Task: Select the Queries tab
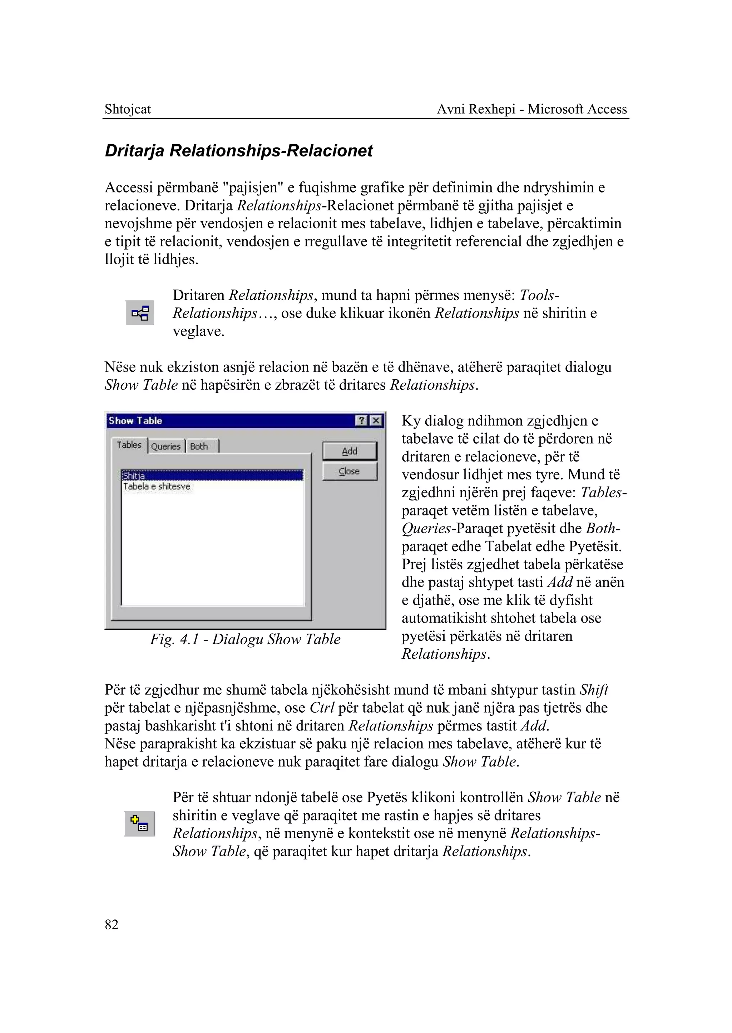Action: [x=166, y=446]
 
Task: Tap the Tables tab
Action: [x=129, y=445]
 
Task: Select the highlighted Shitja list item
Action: [x=134, y=476]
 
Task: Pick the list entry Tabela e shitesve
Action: [x=157, y=486]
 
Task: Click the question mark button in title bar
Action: [x=361, y=421]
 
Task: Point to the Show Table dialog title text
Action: [x=135, y=421]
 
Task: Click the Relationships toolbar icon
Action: [x=140, y=313]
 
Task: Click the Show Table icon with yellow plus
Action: [x=139, y=824]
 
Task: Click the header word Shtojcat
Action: [x=128, y=109]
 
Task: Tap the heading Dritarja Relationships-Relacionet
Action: [x=238, y=150]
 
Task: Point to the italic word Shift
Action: [x=594, y=690]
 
